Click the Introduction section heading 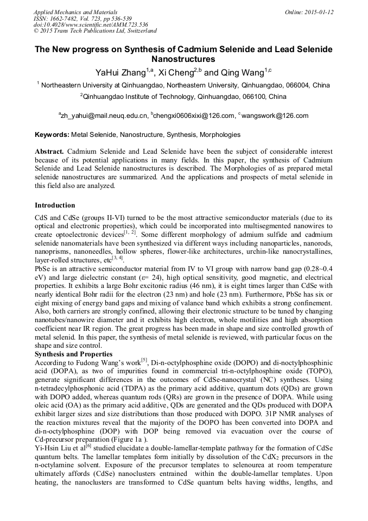tap(55, 205)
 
